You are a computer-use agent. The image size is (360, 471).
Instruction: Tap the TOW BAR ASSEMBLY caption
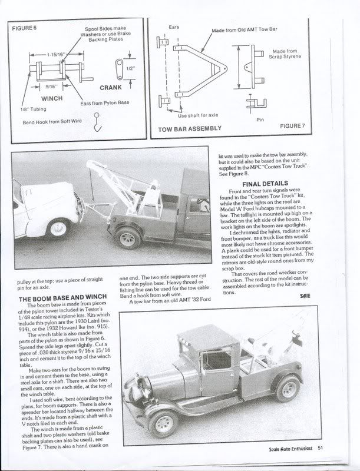(x=190, y=128)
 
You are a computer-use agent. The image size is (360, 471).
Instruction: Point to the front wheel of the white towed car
(x=59, y=226)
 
